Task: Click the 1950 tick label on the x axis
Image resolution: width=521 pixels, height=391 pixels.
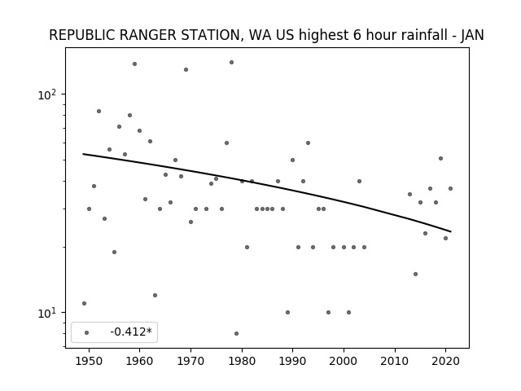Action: (x=89, y=361)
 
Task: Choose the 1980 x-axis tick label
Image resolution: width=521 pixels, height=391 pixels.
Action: (x=242, y=361)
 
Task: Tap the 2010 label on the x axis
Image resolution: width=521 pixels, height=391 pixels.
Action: (x=395, y=361)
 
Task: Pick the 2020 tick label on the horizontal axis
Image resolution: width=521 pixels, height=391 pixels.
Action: (x=446, y=361)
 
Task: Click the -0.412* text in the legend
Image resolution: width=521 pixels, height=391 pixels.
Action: (x=131, y=332)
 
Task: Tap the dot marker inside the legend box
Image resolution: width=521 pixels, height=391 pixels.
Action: (x=87, y=332)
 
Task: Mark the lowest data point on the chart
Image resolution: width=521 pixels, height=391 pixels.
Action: (x=236, y=333)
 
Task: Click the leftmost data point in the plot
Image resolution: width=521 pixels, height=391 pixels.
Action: (x=84, y=303)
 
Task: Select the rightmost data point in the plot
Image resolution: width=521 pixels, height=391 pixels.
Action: (x=450, y=188)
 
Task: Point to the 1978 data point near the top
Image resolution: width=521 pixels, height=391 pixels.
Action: (x=231, y=62)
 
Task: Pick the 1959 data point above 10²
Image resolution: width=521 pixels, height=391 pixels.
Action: (x=134, y=64)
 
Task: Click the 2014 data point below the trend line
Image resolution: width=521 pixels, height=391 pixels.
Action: (x=415, y=274)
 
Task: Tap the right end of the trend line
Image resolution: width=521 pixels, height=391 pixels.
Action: (x=451, y=231)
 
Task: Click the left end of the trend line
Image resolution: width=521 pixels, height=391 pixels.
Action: (x=83, y=154)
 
